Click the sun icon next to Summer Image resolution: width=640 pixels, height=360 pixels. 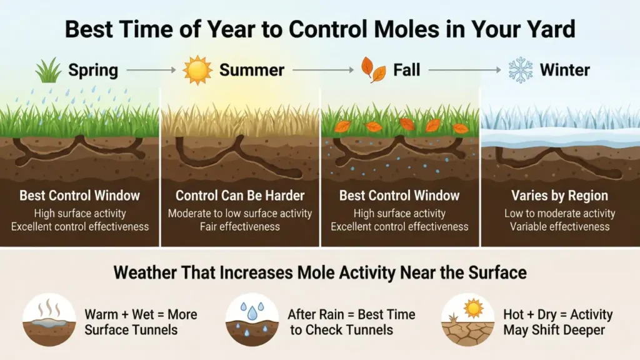tap(197, 70)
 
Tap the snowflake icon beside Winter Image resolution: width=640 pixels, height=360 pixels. tap(520, 70)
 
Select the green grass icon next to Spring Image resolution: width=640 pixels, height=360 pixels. tap(48, 71)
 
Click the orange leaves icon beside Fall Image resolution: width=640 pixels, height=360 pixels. tap(374, 70)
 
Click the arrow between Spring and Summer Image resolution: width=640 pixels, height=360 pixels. tap(150, 70)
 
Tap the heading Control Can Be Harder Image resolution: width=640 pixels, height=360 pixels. tap(239, 196)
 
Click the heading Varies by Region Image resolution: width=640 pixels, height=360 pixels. tap(559, 196)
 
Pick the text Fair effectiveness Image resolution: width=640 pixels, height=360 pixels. tap(239, 226)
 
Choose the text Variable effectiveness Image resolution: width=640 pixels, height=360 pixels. tap(559, 226)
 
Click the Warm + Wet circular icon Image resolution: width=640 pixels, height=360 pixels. tap(49, 319)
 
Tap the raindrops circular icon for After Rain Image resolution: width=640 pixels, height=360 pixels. tap(252, 319)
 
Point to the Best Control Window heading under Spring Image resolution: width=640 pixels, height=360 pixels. tap(80, 196)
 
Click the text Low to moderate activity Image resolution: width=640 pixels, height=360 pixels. tap(559, 213)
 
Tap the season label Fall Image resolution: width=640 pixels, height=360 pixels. tap(407, 70)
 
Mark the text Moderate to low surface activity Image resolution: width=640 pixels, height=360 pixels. tap(239, 213)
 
